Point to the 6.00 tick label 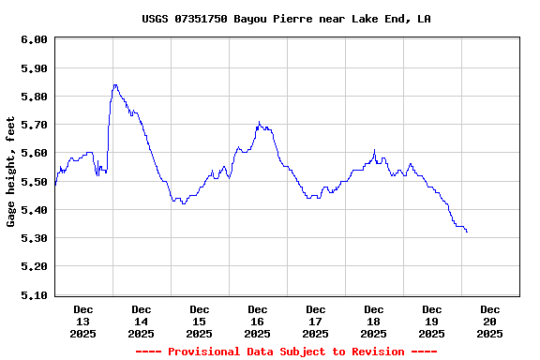pyautogui.click(x=34, y=39)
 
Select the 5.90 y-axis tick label pyautogui.click(x=34, y=68)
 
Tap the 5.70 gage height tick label pyautogui.click(x=34, y=125)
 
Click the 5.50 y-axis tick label pyautogui.click(x=34, y=182)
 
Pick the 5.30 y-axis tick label pyautogui.click(x=34, y=238)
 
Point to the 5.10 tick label pyautogui.click(x=34, y=294)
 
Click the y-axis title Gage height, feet pyautogui.click(x=11, y=172)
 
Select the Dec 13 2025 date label pyautogui.click(x=83, y=321)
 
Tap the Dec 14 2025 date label pyautogui.click(x=142, y=321)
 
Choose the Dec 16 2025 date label pyautogui.click(x=258, y=321)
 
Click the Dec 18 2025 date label pyautogui.click(x=374, y=321)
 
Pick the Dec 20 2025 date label pyautogui.click(x=489, y=321)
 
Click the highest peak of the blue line pyautogui.click(x=114, y=85)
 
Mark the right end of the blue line pyautogui.click(x=467, y=232)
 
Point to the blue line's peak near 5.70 pyautogui.click(x=259, y=122)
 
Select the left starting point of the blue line pyautogui.click(x=55, y=186)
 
